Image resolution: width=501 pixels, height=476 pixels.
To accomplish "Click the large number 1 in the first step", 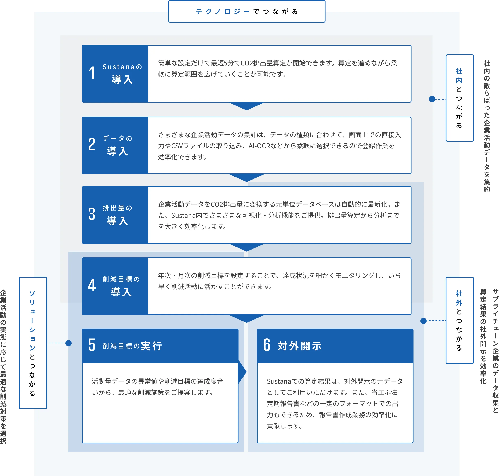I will (92, 73).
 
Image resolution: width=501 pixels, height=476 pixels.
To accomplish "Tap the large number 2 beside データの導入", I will (92, 144).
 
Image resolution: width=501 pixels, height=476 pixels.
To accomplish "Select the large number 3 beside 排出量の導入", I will (92, 214).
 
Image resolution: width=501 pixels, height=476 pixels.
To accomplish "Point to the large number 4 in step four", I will (92, 285).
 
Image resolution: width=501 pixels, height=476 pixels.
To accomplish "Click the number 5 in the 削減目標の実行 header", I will (92, 345).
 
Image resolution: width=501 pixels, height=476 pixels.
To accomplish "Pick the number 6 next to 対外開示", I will (267, 345).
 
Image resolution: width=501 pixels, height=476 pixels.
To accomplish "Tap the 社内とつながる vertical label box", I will (459, 98).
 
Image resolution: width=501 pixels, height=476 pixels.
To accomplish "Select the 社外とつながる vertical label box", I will (459, 320).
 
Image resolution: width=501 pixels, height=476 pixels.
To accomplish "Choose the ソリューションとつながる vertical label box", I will (33, 343).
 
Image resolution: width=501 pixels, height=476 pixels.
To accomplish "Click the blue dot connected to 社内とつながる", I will (432, 99).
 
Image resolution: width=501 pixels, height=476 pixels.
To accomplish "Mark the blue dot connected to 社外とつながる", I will (423, 321).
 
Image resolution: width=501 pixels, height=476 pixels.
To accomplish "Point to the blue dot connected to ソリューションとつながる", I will (68, 343).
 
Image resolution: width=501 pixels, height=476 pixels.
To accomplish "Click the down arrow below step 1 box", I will (247, 106).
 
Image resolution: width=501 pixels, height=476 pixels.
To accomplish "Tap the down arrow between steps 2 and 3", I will (247, 177).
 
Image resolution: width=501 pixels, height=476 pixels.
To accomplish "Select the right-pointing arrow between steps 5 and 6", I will (242, 372).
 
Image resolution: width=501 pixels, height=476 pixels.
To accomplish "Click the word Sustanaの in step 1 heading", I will (122, 67).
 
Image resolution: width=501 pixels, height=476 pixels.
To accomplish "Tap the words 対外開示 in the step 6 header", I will (299, 346).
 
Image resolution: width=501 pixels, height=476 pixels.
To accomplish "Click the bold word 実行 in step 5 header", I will (151, 346).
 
